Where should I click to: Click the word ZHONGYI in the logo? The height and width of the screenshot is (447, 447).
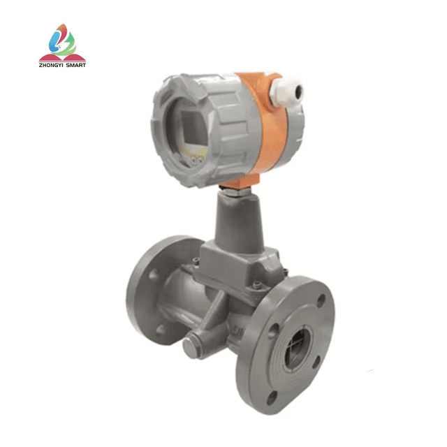54,64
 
